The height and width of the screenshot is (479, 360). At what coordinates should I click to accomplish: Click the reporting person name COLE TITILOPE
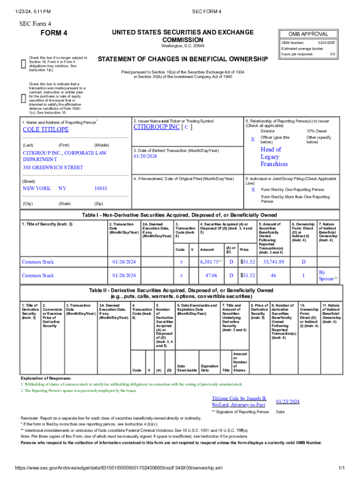[46, 130]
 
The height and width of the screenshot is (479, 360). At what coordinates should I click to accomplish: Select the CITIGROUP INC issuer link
[156, 127]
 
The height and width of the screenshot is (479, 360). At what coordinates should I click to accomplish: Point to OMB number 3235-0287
[326, 43]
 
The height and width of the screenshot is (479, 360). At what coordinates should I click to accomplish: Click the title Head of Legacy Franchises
[274, 157]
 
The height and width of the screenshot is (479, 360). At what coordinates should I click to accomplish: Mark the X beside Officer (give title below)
[252, 139]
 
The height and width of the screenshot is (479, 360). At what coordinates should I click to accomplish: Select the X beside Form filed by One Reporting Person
[253, 190]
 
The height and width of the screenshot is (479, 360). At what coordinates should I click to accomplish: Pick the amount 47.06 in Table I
[211, 276]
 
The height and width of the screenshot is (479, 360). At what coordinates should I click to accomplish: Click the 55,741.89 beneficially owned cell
[274, 262]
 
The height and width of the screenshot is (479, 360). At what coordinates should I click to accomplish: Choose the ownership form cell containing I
[303, 276]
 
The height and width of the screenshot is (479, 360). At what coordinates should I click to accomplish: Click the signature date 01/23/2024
[288, 401]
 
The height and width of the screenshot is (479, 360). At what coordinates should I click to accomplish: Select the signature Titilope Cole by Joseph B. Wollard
[238, 401]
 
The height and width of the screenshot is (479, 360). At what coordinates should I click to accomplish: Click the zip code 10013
[101, 188]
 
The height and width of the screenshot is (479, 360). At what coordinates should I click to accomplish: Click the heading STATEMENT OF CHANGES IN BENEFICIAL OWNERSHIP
[182, 59]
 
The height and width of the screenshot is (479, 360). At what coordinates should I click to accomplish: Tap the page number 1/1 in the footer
[341, 468]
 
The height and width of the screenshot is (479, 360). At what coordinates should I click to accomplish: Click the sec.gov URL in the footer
[119, 468]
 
